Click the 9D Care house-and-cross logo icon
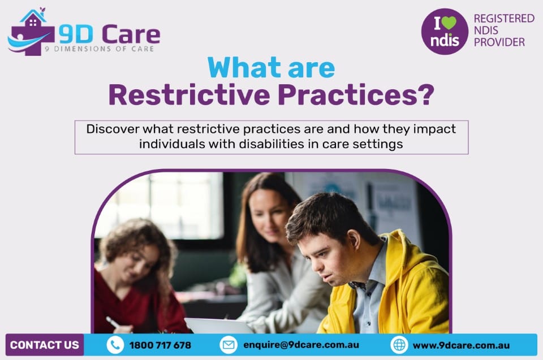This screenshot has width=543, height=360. [31, 33]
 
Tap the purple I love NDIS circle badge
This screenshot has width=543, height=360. [445, 32]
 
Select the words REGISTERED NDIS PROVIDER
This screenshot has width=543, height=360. [503, 30]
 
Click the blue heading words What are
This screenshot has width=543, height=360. [271, 68]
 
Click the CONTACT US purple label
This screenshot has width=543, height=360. [45, 345]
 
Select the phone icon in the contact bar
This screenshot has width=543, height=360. [115, 345]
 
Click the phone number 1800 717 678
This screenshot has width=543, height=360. [160, 345]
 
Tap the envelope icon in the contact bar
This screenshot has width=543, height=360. [229, 345]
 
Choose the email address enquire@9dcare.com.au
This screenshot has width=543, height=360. [301, 345]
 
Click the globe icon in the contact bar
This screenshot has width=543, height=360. [399, 345]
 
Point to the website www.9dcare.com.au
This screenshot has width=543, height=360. [461, 345]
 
